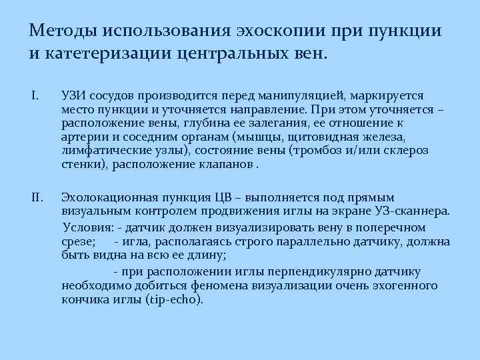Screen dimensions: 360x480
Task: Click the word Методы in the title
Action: click(x=59, y=31)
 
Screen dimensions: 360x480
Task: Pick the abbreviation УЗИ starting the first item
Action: click(x=72, y=95)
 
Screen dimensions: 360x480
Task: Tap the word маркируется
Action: click(x=385, y=95)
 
